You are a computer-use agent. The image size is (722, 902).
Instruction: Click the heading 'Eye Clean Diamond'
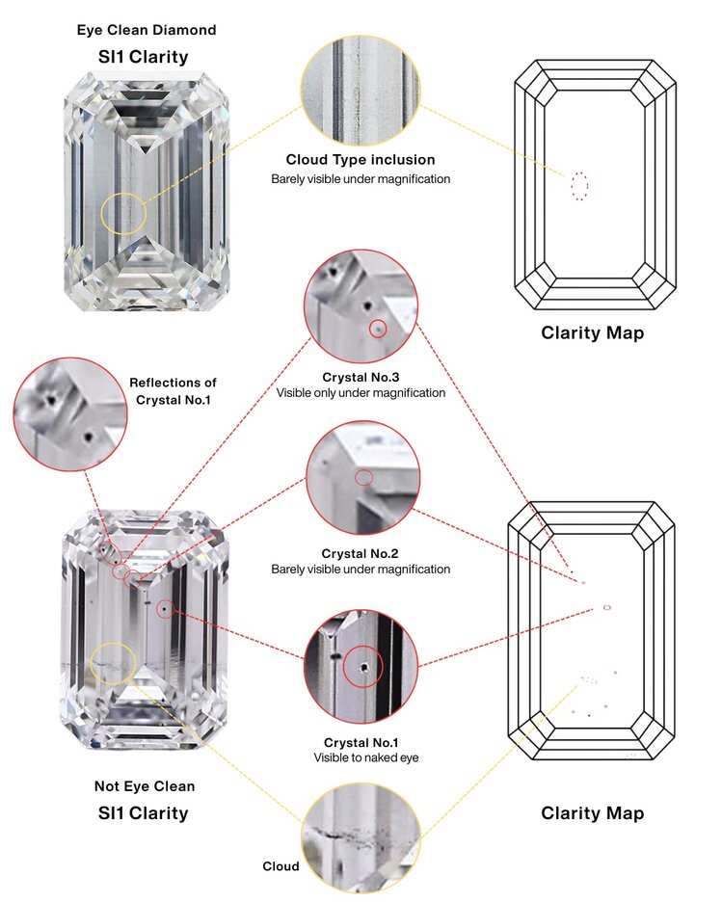[x=147, y=30]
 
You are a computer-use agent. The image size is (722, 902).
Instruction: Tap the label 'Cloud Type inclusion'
[x=361, y=159]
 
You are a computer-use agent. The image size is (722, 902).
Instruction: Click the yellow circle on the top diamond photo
[x=125, y=212]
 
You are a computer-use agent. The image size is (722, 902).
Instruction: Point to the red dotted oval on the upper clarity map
[x=579, y=185]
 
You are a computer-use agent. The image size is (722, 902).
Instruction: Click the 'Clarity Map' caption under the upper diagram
[x=592, y=334]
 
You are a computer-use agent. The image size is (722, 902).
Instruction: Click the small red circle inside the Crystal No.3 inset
[x=379, y=329]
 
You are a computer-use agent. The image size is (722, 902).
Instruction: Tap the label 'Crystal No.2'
[x=361, y=554]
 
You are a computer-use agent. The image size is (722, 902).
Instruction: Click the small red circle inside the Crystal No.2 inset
[x=363, y=478]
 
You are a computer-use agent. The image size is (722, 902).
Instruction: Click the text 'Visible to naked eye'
[x=361, y=757]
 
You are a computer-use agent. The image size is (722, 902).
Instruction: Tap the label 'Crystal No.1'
[x=361, y=742]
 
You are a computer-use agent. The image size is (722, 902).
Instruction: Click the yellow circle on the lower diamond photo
[x=113, y=664]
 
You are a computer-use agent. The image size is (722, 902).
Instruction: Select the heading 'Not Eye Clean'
[x=145, y=786]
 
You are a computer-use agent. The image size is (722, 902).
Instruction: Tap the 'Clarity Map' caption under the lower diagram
[x=592, y=813]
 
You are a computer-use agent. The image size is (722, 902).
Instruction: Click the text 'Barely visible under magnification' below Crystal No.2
[x=361, y=570]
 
